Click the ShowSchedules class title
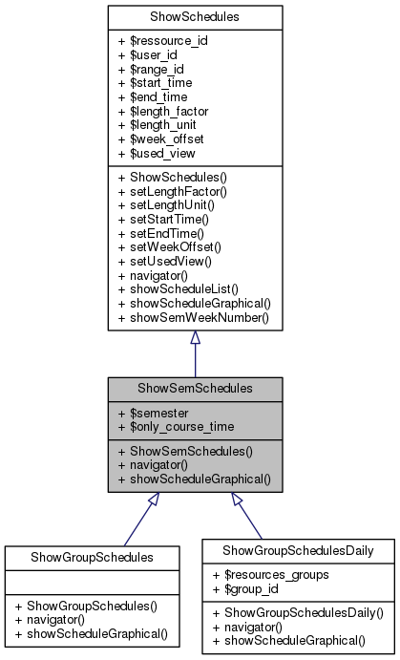point(195,17)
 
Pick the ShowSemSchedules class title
point(195,389)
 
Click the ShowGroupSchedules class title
point(92,557)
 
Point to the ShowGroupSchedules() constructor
point(92,605)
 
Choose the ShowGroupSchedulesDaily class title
point(298,550)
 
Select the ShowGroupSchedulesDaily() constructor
point(298,611)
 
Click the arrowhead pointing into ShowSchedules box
point(195,338)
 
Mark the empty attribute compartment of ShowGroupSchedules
point(92,581)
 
